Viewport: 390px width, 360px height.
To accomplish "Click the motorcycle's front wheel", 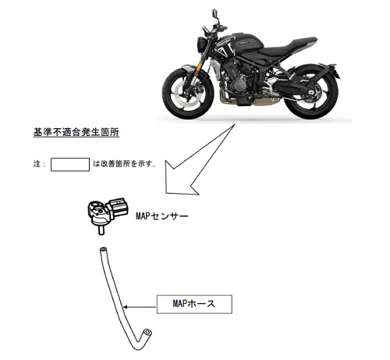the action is pyautogui.click(x=188, y=92).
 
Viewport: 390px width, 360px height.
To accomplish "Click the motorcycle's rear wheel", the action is pyautogui.click(x=312, y=92).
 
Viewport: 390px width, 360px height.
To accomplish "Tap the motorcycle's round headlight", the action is pyautogui.click(x=201, y=45).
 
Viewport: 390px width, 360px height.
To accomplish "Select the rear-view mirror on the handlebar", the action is pyautogui.click(x=215, y=12).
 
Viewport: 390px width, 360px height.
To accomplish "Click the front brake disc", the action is pyautogui.click(x=183, y=94).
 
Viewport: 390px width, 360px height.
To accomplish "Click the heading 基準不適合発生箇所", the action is pyautogui.click(x=76, y=132).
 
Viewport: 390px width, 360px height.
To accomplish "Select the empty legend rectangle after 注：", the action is pyautogui.click(x=70, y=165).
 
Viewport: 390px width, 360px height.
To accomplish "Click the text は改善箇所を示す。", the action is pyautogui.click(x=125, y=164).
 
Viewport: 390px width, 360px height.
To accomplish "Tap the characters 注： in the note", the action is pyautogui.click(x=39, y=164).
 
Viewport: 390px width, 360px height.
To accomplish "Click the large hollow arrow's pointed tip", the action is pyautogui.click(x=165, y=193).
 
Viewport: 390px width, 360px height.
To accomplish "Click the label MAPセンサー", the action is pyautogui.click(x=161, y=216).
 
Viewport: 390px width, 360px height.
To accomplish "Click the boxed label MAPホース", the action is pyautogui.click(x=194, y=304).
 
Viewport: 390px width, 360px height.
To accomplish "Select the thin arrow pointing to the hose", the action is pyautogui.click(x=140, y=307).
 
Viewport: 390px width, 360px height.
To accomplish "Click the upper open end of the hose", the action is pyautogui.click(x=103, y=249).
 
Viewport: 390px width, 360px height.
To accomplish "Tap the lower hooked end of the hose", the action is pyautogui.click(x=147, y=333).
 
